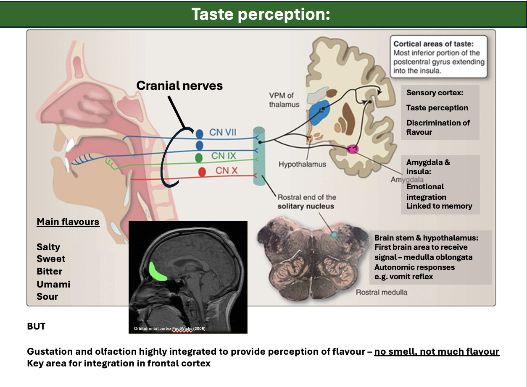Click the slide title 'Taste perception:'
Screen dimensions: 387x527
point(261,14)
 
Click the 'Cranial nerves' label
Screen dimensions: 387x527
point(179,86)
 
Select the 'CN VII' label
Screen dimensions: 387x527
point(223,133)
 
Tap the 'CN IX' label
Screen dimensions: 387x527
point(224,156)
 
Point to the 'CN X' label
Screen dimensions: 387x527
point(227,170)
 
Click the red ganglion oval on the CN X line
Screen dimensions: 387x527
point(202,172)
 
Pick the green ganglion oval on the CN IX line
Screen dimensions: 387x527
point(199,158)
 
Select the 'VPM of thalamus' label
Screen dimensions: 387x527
point(284,100)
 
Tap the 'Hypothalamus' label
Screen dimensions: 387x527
point(302,164)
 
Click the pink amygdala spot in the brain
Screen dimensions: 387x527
point(352,149)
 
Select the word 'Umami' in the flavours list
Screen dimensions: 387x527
point(53,284)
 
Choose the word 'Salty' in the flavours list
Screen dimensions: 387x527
point(48,247)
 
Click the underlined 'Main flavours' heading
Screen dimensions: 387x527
point(68,222)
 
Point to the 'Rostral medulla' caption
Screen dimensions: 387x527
point(382,292)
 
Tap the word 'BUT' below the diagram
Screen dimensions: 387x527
point(36,326)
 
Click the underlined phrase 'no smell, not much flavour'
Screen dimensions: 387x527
point(436,351)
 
